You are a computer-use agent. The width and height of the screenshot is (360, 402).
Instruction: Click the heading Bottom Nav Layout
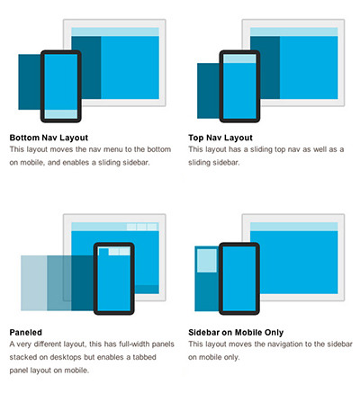[49, 138]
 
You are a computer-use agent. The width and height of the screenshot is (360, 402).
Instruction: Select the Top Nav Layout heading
[220, 138]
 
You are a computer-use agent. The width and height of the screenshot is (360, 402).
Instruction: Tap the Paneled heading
[26, 332]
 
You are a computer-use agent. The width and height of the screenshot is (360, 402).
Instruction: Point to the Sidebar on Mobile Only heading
[236, 332]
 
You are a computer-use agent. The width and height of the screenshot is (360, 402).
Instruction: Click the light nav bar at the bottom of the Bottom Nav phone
[61, 114]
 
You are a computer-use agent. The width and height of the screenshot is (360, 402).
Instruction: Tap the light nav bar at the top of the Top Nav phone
[239, 58]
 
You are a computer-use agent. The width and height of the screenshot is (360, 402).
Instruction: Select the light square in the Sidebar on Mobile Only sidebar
[207, 261]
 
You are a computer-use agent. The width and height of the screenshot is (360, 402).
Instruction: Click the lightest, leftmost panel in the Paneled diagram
[34, 283]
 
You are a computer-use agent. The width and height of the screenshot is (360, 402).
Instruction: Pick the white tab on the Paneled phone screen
[103, 252]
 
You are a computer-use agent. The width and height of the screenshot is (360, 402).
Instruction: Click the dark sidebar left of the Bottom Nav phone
[30, 82]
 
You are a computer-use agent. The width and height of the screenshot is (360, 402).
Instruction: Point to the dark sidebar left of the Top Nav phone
[208, 91]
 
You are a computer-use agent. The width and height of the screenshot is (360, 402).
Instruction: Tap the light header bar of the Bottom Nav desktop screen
[115, 31]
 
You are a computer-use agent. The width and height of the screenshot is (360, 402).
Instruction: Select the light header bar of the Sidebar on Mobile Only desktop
[294, 227]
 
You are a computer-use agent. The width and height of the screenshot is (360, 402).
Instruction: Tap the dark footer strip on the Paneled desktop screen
[147, 290]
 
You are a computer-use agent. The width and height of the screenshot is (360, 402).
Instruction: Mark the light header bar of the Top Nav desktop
[294, 31]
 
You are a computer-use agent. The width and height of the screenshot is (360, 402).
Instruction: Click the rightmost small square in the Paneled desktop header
[152, 227]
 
